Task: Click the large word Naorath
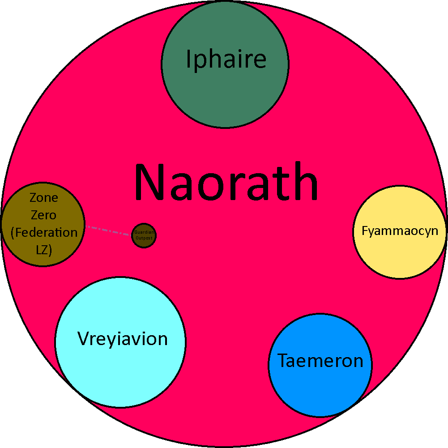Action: [226, 183]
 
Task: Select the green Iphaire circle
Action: [225, 90]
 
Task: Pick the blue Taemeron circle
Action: [320, 385]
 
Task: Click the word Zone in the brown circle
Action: [43, 197]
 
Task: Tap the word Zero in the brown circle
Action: [43, 215]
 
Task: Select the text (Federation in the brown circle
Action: [43, 233]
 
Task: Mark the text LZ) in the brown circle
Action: [43, 250]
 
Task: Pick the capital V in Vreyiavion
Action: [84, 339]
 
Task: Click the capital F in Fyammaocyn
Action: [365, 231]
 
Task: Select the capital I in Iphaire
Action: [189, 59]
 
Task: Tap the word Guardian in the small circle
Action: [144, 233]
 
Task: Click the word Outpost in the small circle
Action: [144, 238]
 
